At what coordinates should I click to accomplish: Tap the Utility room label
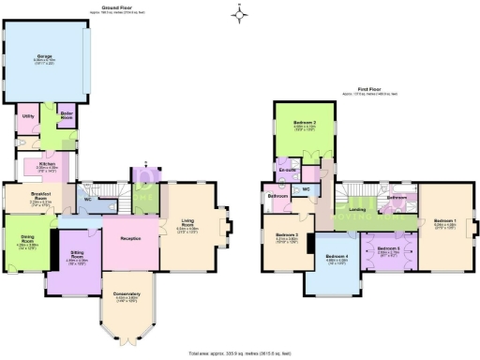(x=28, y=116)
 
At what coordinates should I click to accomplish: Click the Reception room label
(x=130, y=239)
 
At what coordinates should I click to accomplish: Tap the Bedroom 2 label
(x=302, y=125)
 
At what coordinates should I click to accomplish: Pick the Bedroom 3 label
(x=288, y=234)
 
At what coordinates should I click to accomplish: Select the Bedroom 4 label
(x=337, y=256)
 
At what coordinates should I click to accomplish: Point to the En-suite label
(x=288, y=169)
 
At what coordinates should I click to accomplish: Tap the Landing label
(x=357, y=209)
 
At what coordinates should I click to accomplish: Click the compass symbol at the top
(x=240, y=12)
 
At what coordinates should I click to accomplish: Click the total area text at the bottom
(x=239, y=353)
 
